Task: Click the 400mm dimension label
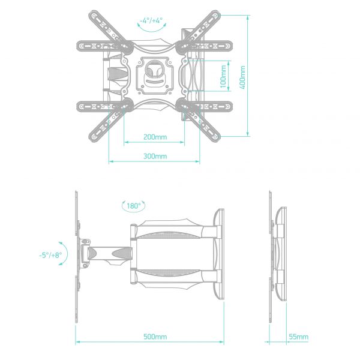[x=242, y=77]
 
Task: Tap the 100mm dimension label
[x=223, y=76]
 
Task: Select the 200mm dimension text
[x=155, y=137]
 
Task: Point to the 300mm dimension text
[x=155, y=157]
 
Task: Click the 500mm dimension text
[x=155, y=337]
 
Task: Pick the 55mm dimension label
[x=298, y=337]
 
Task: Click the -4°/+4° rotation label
[x=151, y=20]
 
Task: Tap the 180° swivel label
[x=133, y=206]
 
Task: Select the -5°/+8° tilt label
[x=50, y=255]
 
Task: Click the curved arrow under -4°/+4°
[x=152, y=31]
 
